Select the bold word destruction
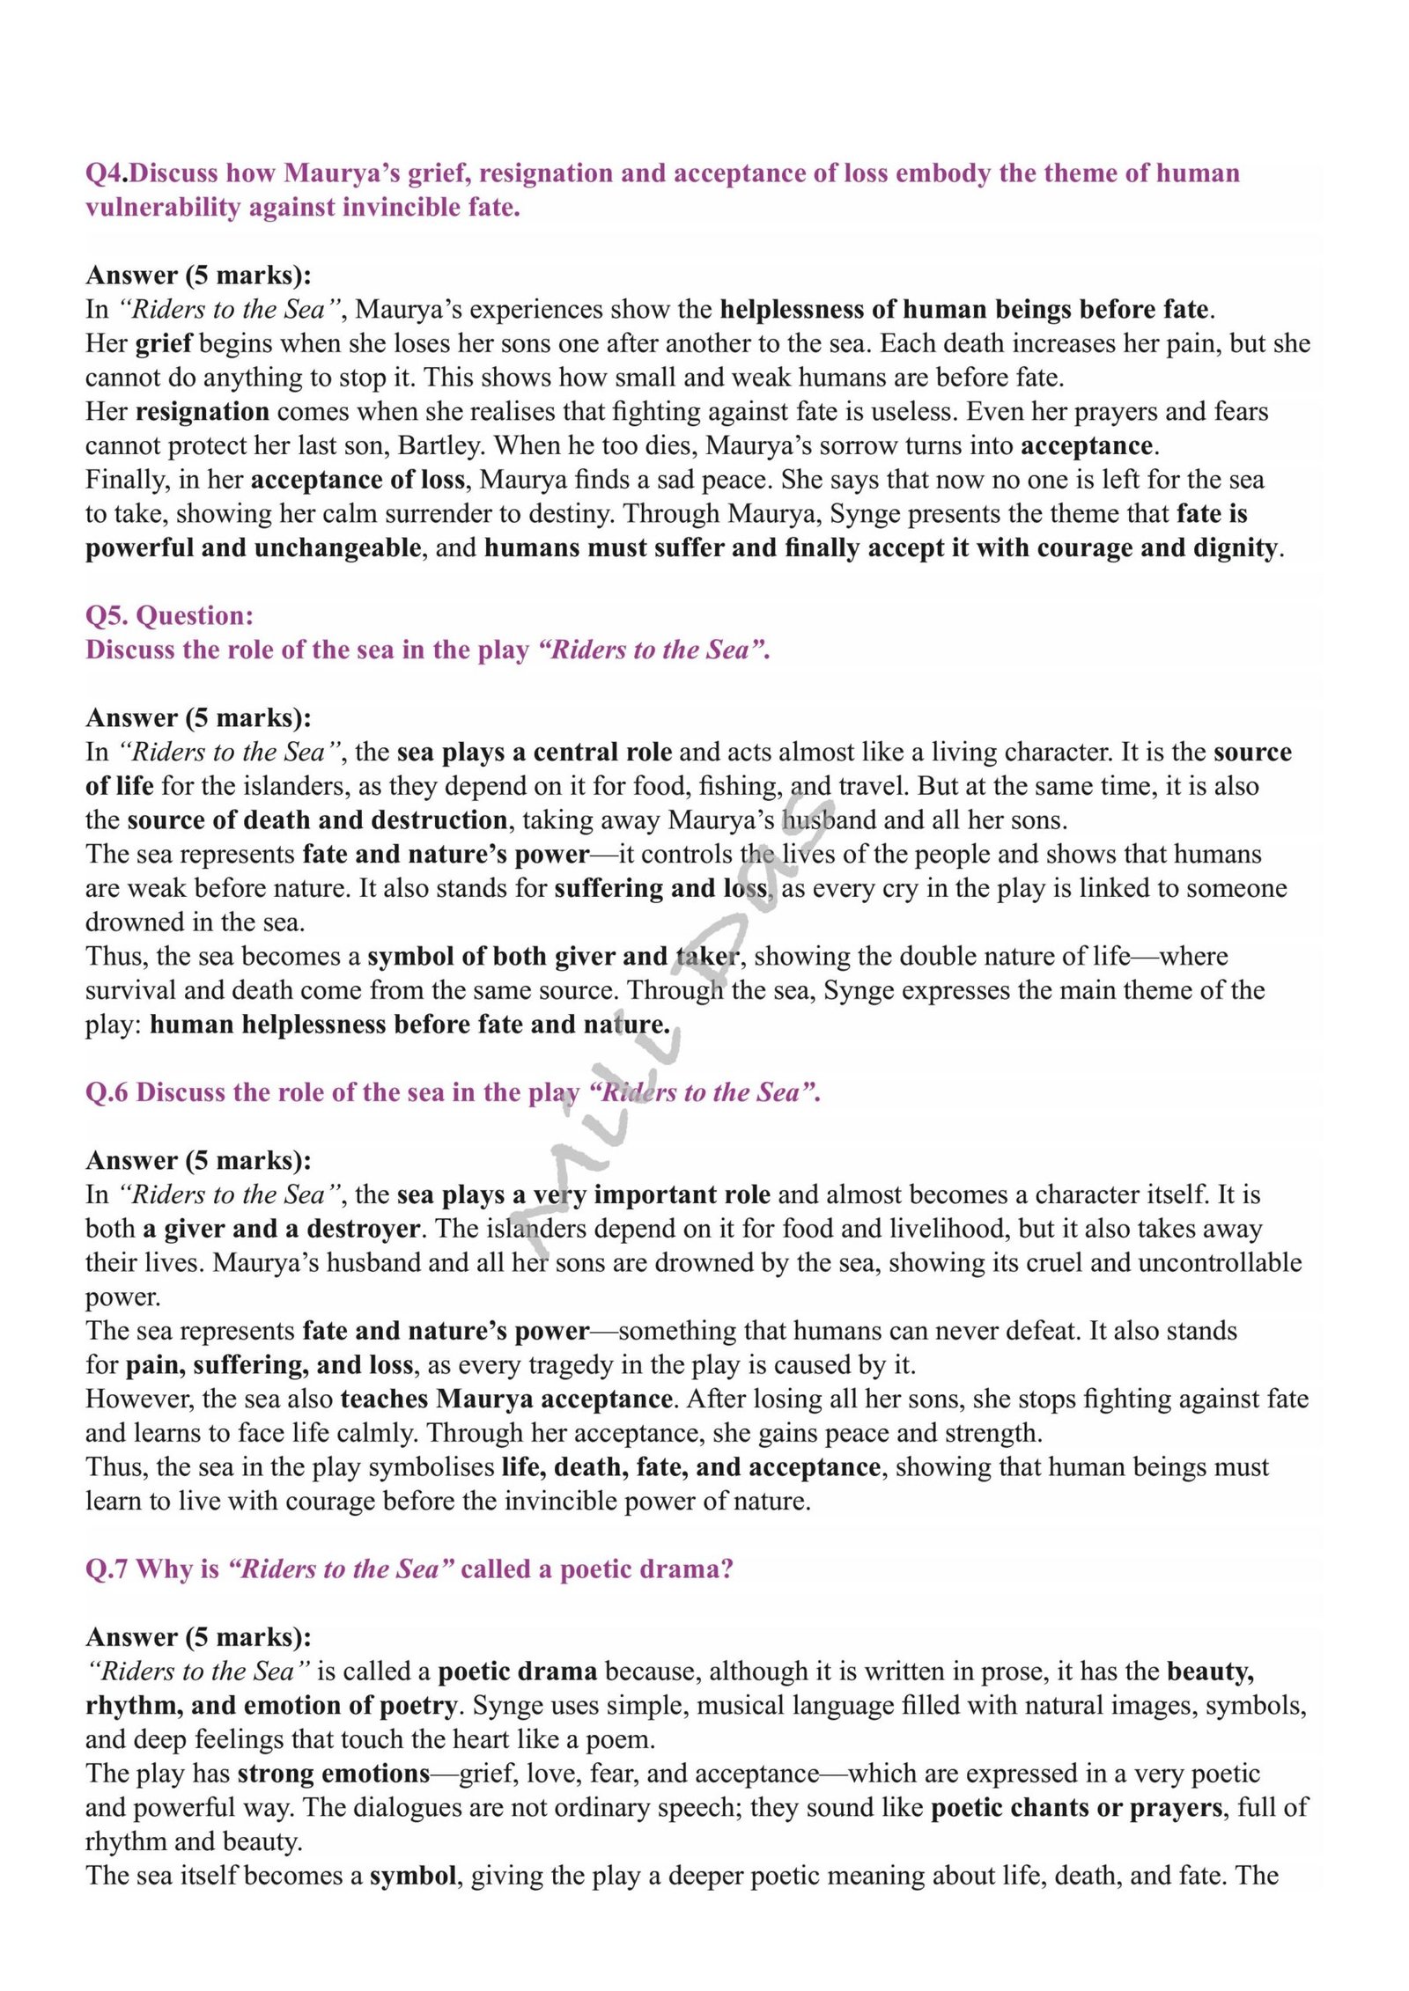439,820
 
